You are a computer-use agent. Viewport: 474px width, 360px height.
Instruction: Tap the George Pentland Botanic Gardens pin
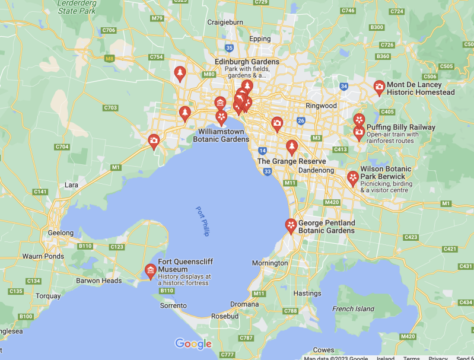291,225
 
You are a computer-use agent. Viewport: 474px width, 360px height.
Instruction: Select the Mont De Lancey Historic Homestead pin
379,88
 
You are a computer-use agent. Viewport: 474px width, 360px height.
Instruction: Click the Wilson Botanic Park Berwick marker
353,177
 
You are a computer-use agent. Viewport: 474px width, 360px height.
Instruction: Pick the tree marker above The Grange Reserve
291,146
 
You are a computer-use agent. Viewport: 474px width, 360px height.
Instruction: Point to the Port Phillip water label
203,221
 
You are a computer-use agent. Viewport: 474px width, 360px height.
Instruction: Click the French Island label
353,308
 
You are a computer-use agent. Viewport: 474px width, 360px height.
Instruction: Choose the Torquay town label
48,295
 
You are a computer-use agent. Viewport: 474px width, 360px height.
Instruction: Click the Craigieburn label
225,22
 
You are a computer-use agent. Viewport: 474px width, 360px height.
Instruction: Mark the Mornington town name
270,263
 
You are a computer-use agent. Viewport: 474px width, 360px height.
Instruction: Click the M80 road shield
209,74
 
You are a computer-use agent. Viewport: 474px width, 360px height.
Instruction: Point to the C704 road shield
62,146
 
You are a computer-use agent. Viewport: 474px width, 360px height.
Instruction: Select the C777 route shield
227,355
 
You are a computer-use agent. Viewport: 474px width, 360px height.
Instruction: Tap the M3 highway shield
316,138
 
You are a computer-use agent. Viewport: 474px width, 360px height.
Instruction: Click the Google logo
193,344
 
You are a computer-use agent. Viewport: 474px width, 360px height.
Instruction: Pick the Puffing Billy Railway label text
400,127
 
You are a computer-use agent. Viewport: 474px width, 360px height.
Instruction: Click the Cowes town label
323,350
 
